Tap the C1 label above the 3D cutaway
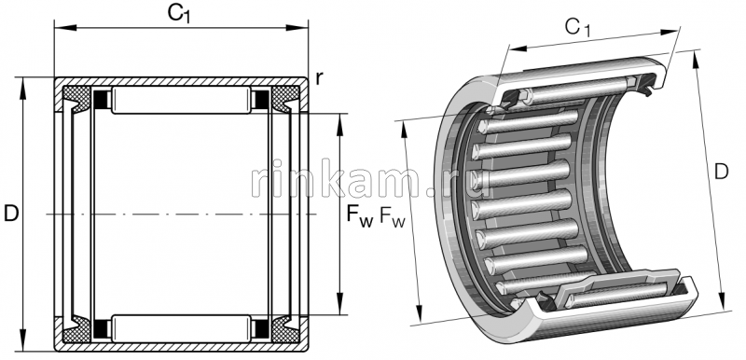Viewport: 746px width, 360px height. (x=577, y=28)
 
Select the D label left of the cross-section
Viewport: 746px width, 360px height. (x=11, y=214)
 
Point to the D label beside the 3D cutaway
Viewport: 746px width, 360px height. (x=721, y=172)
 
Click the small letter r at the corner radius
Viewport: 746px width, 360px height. (x=319, y=78)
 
